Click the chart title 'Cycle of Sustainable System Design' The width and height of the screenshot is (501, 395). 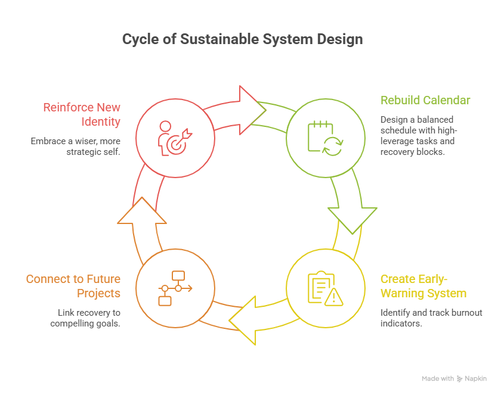click(242, 40)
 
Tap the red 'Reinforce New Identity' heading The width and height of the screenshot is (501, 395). click(82, 114)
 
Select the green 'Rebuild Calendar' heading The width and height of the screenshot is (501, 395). click(425, 99)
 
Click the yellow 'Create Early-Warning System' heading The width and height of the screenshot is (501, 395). click(423, 286)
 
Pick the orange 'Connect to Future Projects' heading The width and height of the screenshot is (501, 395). click(73, 286)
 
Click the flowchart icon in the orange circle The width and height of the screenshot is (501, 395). click(175, 287)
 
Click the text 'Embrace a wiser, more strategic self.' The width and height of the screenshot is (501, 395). click(76, 147)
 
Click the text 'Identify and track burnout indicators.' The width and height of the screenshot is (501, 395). click(431, 318)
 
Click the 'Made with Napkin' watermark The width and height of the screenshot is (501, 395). click(454, 379)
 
